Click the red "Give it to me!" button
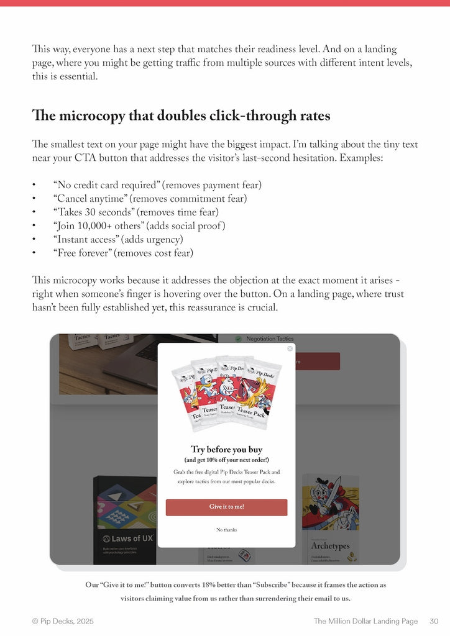tap(226, 507)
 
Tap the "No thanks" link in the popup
tap(226, 530)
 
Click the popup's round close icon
tap(290, 349)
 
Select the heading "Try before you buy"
tap(226, 449)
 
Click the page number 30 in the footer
tap(434, 621)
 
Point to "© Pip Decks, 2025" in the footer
tap(63, 621)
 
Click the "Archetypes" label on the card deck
tap(330, 546)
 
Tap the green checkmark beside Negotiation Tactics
tap(238, 339)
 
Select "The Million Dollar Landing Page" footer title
tap(365, 621)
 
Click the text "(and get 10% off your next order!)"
tap(226, 460)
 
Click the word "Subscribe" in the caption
tap(271, 585)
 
